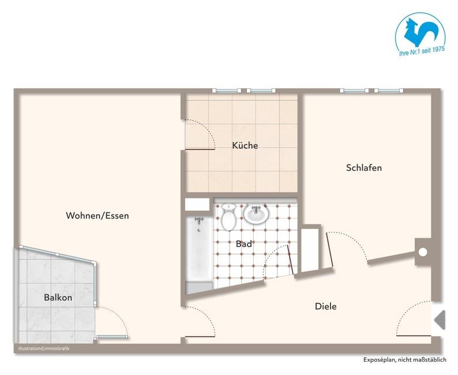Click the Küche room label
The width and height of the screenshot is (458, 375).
[x=245, y=145]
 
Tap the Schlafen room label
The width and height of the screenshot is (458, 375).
[x=363, y=168]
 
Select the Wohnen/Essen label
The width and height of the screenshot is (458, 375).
[x=97, y=216]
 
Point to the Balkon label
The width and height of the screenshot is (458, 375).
[x=58, y=298]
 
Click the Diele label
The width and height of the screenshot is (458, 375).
[x=325, y=306]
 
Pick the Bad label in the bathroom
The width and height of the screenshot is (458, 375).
[x=244, y=244]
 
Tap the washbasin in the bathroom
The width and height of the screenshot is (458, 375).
[x=255, y=213]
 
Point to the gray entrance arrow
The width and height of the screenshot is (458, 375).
[x=440, y=319]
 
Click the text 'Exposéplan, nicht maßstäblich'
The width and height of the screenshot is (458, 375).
[x=404, y=360]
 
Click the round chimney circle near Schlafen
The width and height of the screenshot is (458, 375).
[x=423, y=252]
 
